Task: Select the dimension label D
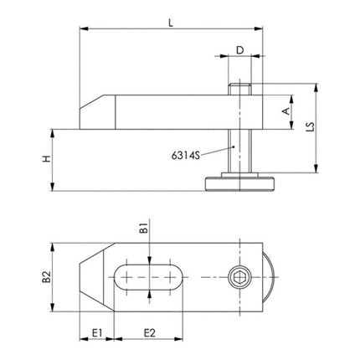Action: tap(239, 49)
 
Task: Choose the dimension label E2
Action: tap(149, 332)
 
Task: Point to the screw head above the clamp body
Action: tap(239, 89)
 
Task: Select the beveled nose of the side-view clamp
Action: tap(92, 112)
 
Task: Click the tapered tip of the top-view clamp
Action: tap(86, 274)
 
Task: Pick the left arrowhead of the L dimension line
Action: tap(83, 31)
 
